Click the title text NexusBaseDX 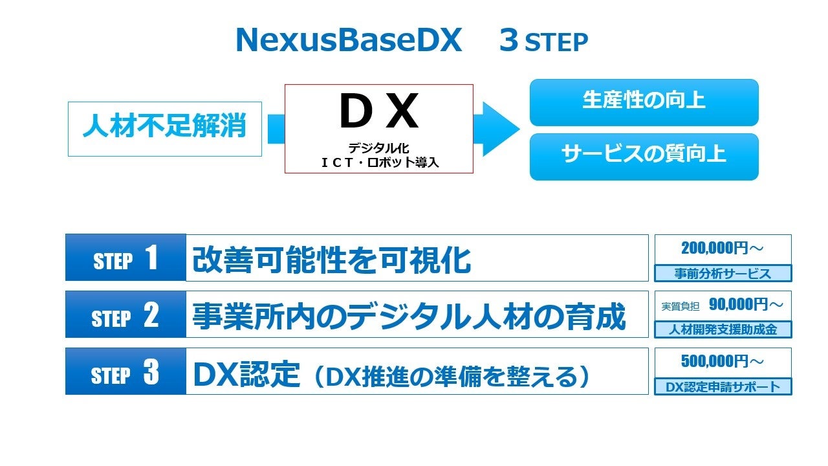349,41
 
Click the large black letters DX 378,112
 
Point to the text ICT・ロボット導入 380,162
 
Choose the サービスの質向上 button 644,156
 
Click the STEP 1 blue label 125,258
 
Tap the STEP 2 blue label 125,315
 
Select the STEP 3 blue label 125,372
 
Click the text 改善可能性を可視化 331,259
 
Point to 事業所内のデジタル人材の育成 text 409,316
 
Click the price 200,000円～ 723,248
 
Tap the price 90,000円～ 746,304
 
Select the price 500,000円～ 723,361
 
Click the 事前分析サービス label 723,274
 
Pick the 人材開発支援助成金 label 723,330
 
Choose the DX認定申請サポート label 723,387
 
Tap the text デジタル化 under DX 379,149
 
